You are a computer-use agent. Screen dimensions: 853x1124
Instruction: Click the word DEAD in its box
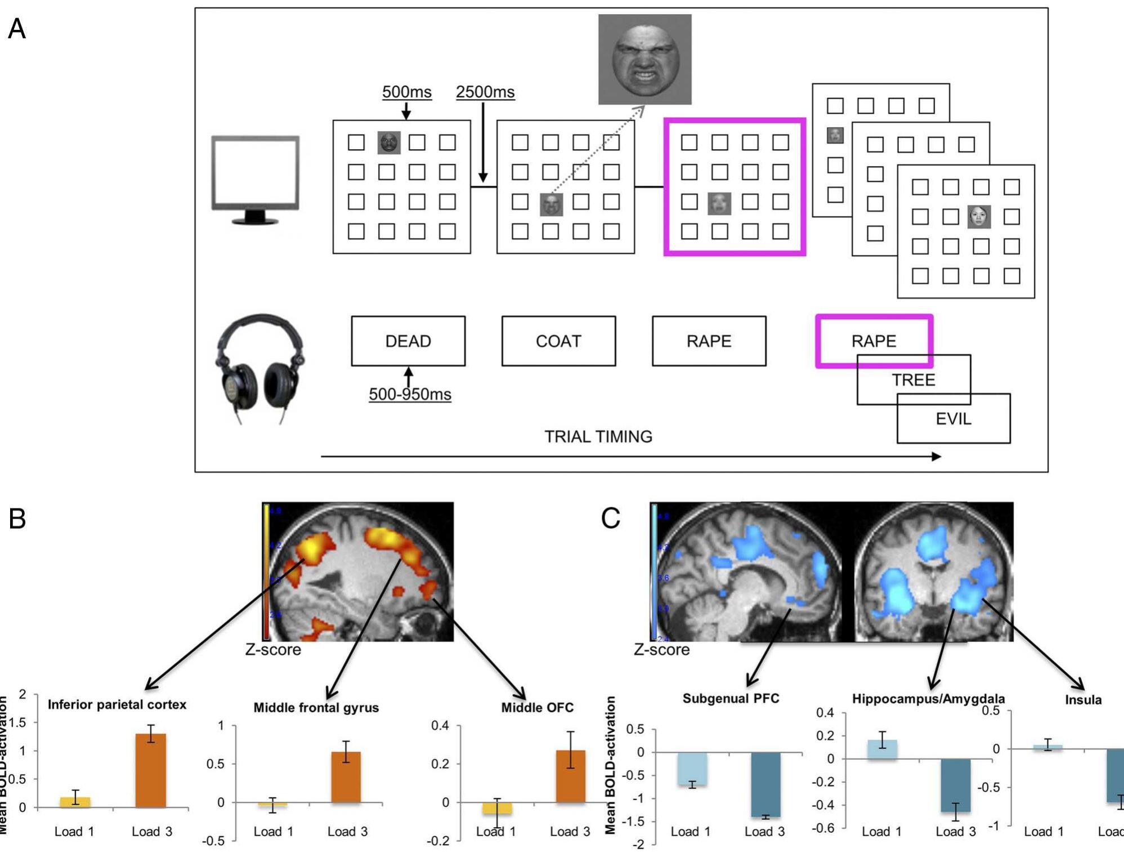[408, 341]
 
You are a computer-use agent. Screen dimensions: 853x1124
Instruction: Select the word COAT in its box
[558, 341]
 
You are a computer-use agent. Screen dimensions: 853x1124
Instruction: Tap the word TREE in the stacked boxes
[913, 380]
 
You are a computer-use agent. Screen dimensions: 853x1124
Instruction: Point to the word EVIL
[953, 419]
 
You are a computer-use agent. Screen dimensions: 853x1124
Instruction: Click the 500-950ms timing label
[410, 394]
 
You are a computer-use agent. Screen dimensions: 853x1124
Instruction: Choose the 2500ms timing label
[485, 92]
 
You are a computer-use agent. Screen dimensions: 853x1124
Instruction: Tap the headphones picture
[260, 366]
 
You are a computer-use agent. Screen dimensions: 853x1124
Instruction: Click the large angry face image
[644, 59]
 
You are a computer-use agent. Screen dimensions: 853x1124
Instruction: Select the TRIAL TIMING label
[598, 436]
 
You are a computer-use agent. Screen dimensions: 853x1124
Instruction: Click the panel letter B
[17, 519]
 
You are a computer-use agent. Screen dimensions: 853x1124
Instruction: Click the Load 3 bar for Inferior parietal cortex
[151, 770]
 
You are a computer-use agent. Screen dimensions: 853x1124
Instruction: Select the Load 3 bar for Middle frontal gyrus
[346, 777]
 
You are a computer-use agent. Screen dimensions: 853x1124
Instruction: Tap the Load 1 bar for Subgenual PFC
[692, 769]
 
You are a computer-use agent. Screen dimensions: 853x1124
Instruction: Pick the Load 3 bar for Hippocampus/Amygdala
[955, 785]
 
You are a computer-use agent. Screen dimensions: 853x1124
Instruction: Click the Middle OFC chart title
[537, 708]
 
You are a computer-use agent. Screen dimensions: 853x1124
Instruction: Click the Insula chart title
[1083, 700]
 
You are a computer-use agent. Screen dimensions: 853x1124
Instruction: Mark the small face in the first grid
[389, 142]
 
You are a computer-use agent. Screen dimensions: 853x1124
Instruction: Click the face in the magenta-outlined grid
[719, 203]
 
